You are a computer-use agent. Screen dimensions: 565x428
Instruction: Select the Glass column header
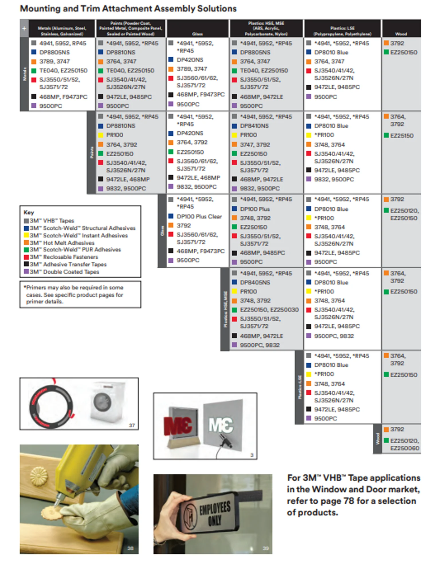(197, 34)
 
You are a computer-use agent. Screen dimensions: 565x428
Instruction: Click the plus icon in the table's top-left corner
(24, 28)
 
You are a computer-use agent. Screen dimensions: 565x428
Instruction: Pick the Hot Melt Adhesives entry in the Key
(62, 243)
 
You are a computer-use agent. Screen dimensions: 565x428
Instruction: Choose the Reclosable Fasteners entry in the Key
(64, 257)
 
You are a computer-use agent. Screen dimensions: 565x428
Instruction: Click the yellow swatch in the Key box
(26, 235)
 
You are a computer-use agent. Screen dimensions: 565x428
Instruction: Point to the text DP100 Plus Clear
(199, 216)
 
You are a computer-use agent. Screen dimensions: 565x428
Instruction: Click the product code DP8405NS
(255, 282)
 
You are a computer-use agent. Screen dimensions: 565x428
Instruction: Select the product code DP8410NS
(255, 126)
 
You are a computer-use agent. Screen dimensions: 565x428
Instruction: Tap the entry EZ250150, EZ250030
(269, 310)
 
